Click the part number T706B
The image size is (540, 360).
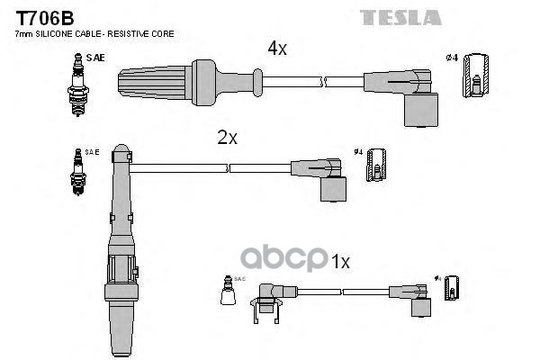coord(41,16)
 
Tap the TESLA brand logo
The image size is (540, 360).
coord(400,17)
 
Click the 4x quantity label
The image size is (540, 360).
coord(277,49)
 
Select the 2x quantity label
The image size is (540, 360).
coord(227,138)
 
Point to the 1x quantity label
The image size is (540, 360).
coord(339,261)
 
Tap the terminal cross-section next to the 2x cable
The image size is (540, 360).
coord(379,164)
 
